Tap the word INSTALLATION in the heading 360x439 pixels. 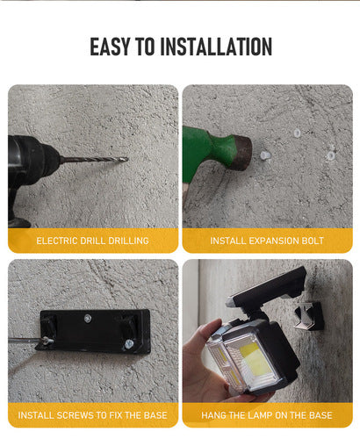point(216,47)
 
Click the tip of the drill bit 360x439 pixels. point(127,159)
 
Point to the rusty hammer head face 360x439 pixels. point(243,153)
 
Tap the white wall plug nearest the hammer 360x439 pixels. point(265,155)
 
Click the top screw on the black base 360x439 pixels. point(87,318)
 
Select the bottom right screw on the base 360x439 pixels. point(129,344)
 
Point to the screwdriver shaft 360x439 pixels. point(25,340)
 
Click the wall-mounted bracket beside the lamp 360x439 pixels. point(309,316)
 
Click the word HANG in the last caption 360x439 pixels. point(212,415)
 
